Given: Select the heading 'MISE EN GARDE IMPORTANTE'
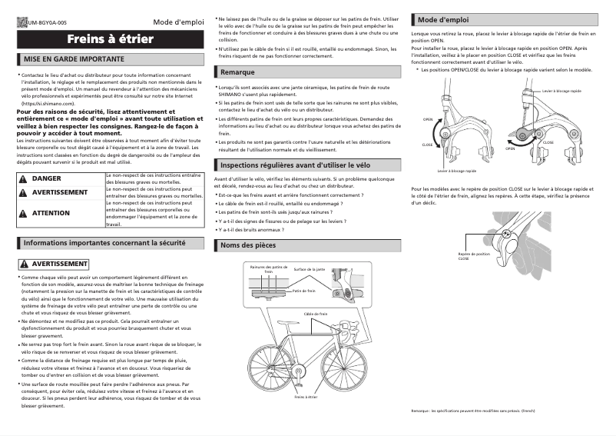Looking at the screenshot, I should pyautogui.click(x=75, y=59).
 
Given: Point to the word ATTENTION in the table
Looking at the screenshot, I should pyautogui.click(x=51, y=213).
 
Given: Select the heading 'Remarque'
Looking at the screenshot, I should pyautogui.click(x=237, y=72).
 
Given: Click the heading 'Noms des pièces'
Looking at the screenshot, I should pyautogui.click(x=248, y=245).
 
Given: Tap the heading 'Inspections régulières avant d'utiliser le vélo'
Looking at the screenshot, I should pyautogui.click(x=306, y=165).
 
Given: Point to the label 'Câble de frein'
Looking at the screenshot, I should pyautogui.click(x=315, y=314).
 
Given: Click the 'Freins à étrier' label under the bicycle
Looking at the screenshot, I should pyautogui.click(x=306, y=397).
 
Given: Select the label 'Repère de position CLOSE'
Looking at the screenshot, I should pyautogui.click(x=473, y=256).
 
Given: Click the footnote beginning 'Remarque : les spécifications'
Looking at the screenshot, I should pyautogui.click(x=472, y=412).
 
